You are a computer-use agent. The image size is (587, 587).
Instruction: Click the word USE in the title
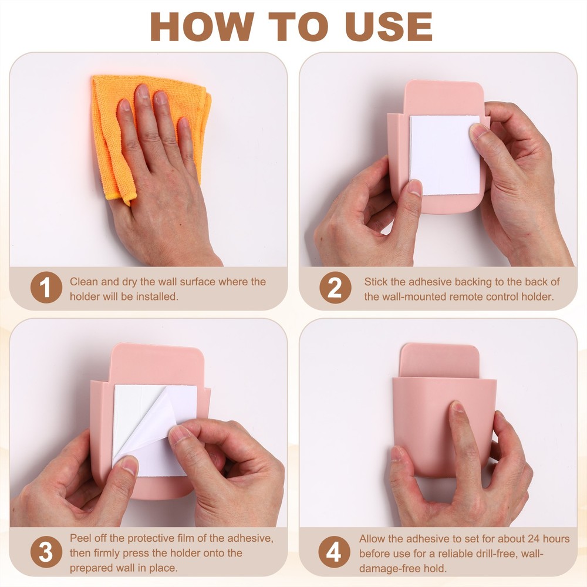click(389, 26)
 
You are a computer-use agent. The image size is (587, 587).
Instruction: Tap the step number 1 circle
click(46, 287)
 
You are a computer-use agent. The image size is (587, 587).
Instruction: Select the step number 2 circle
click(335, 287)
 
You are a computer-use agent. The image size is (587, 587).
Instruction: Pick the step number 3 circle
click(46, 552)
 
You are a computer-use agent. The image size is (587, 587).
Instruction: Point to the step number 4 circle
click(335, 552)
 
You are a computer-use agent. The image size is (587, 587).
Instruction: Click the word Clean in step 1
click(83, 282)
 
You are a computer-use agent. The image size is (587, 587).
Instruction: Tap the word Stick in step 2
click(376, 282)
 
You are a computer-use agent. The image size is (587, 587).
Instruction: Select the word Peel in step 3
click(80, 538)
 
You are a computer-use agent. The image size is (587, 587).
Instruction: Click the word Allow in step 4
click(372, 539)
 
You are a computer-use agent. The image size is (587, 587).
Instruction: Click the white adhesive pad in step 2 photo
click(445, 155)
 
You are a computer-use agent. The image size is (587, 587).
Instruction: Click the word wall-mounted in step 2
click(406, 296)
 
